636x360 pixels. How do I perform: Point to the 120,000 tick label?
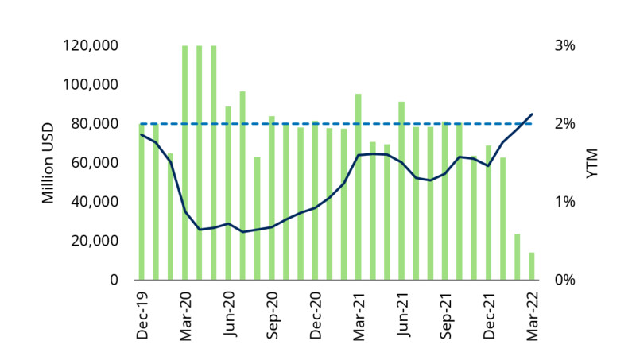(x=90, y=46)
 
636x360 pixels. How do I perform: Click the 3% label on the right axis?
(x=564, y=46)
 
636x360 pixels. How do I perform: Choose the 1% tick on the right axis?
(x=564, y=202)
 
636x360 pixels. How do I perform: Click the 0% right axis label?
(x=564, y=280)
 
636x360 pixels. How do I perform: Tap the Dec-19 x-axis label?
(x=142, y=315)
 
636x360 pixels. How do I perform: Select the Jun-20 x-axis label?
(x=229, y=315)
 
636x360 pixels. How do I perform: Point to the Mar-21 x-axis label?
(x=359, y=315)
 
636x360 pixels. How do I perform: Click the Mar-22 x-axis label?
(x=532, y=315)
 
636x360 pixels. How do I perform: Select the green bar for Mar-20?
(x=185, y=163)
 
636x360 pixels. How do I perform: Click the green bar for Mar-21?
(x=359, y=187)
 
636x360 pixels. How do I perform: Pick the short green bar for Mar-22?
(x=532, y=266)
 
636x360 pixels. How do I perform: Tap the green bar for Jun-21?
(x=401, y=191)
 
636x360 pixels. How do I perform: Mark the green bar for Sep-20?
(x=272, y=198)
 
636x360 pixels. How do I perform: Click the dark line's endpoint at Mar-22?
(x=532, y=114)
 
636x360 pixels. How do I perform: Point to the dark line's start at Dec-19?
(x=142, y=134)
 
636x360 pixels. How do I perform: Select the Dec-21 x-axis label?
(x=488, y=315)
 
